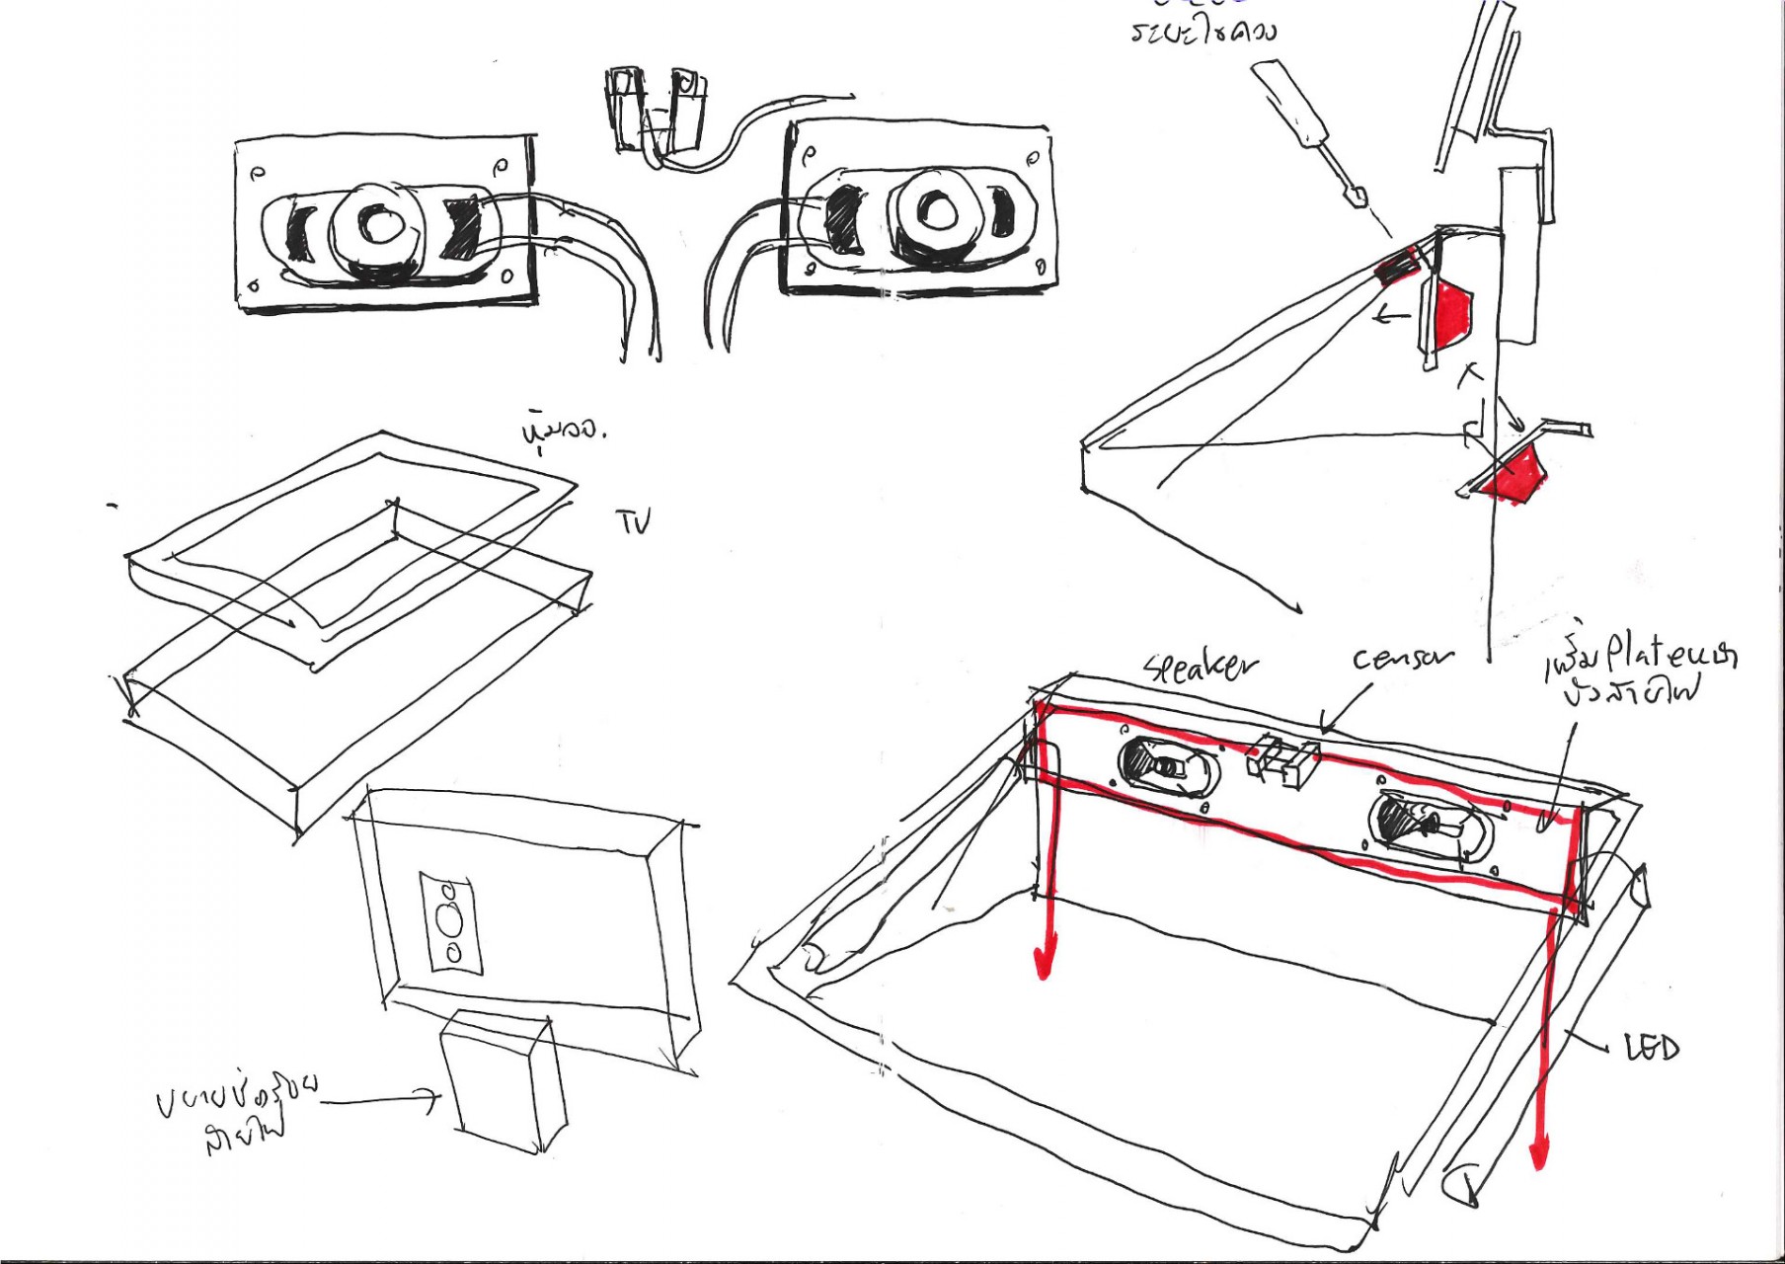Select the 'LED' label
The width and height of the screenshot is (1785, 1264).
click(1651, 1047)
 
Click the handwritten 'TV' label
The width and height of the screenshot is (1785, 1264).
click(635, 520)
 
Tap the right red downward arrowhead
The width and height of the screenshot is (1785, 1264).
click(1539, 1153)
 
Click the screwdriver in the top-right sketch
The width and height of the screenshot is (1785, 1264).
click(1314, 133)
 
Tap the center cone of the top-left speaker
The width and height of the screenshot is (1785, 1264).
click(374, 224)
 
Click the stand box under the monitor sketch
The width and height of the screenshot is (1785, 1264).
click(502, 1083)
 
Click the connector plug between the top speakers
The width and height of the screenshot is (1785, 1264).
click(656, 111)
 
